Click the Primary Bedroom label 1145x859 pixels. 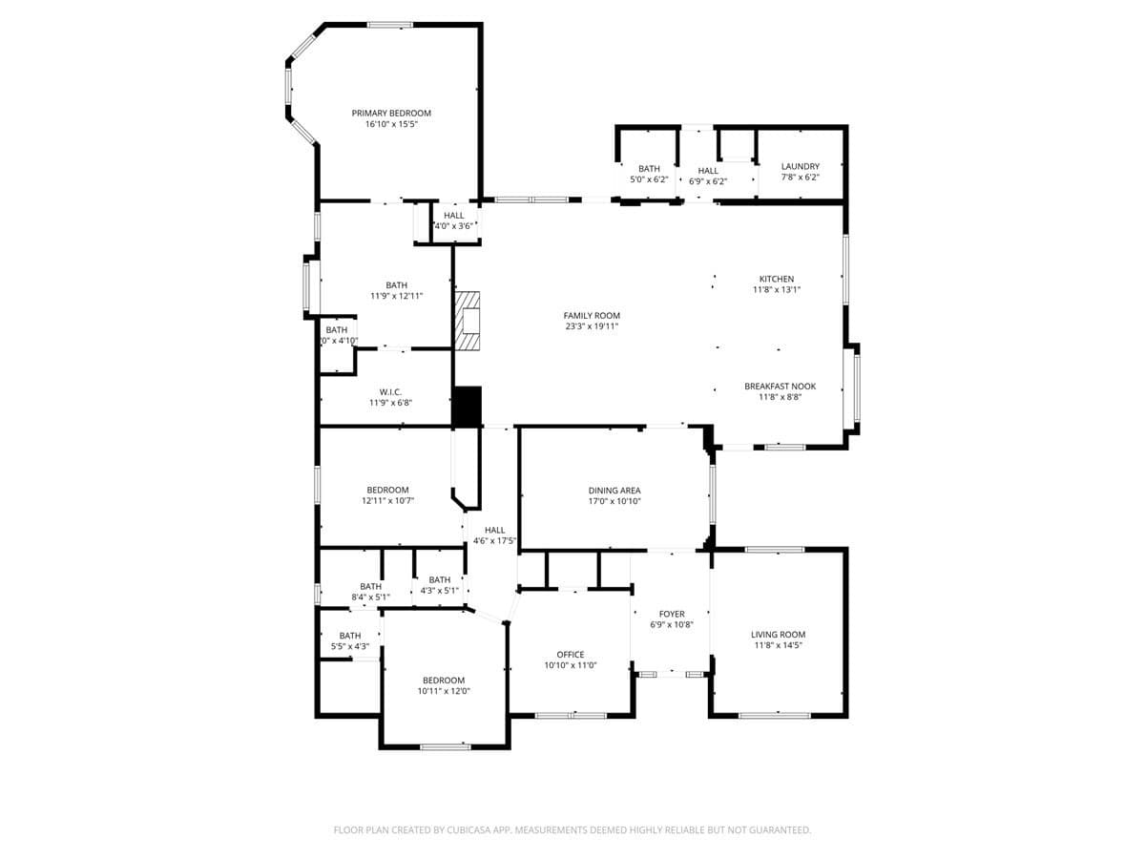click(391, 114)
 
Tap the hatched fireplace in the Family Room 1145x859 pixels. click(468, 322)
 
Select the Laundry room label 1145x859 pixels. click(800, 167)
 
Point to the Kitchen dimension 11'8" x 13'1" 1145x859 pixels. click(777, 290)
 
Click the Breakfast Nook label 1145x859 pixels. click(780, 387)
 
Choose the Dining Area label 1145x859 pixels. click(614, 491)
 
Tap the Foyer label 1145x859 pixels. click(672, 614)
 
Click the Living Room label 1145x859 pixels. click(778, 635)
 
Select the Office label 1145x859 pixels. click(571, 655)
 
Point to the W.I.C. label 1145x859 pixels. click(390, 391)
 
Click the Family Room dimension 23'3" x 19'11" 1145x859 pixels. click(592, 326)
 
